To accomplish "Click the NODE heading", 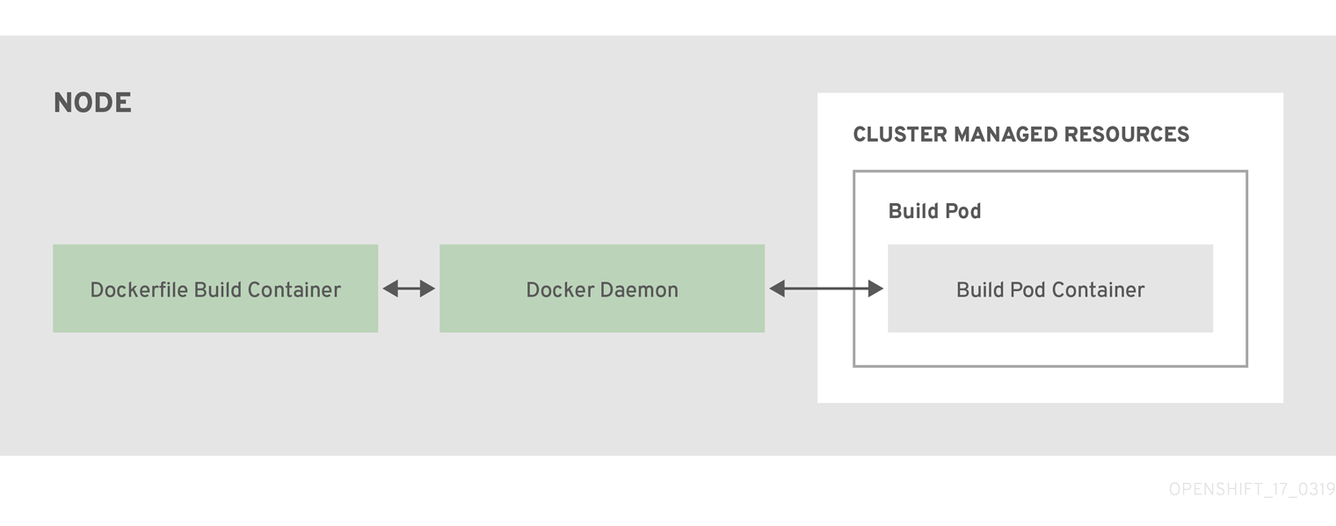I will point(92,103).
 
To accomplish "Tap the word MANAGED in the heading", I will point(1005,135).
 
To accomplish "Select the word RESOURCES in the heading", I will point(1127,135).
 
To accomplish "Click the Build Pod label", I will point(934,211).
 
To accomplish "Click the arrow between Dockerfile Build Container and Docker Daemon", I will point(409,289).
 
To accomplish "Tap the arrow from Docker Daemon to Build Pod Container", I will point(826,289).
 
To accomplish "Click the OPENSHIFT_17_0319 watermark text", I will point(1252,490).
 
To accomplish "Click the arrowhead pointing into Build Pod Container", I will point(875,289).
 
